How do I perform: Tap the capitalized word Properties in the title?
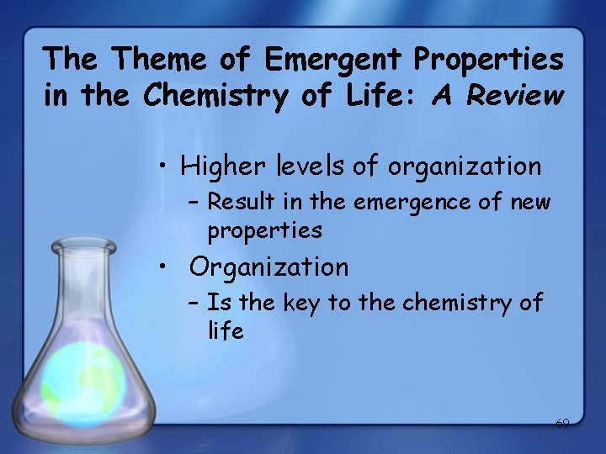point(488,59)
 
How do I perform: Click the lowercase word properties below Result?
point(264,230)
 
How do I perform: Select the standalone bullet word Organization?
point(268,267)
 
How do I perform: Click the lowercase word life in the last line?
point(226,331)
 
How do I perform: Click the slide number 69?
point(562,424)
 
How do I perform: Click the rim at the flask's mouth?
point(83,245)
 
